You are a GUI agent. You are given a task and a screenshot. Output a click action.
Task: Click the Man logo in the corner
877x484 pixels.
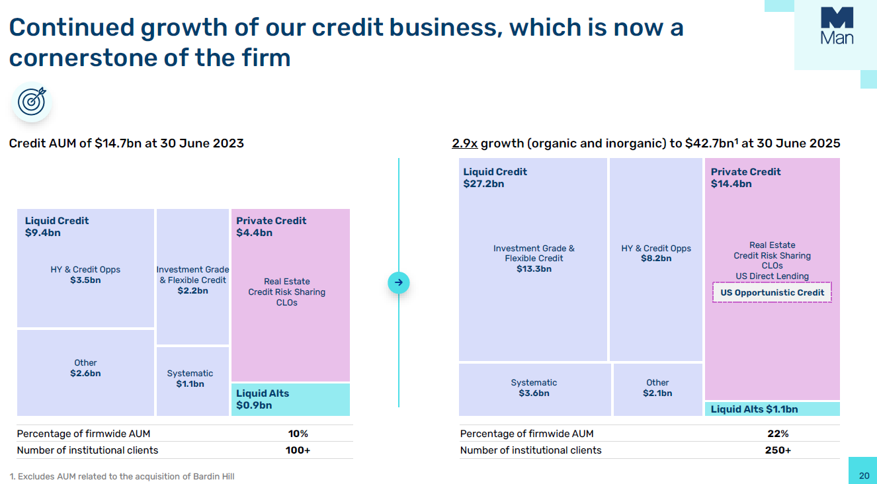coord(837,26)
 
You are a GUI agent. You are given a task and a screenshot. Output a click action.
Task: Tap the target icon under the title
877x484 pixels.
coord(31,101)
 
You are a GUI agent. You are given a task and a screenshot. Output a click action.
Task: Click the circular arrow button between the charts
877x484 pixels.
coord(399,283)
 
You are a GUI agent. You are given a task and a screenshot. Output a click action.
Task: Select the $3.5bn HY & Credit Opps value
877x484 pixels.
coord(85,280)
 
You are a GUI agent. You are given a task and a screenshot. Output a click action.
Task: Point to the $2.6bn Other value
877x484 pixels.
coord(85,374)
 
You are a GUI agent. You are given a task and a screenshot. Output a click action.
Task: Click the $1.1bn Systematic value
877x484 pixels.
coord(190,384)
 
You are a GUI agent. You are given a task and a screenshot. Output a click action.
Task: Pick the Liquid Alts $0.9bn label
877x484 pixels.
coord(263,399)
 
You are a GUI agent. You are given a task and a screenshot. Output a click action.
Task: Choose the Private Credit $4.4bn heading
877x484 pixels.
coord(271,227)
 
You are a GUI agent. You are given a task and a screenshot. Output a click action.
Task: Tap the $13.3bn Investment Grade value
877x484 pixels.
coord(534,269)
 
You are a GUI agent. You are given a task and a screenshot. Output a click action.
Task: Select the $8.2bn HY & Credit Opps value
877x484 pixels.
coord(656,259)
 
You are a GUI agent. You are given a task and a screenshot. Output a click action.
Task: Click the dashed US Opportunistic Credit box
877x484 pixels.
coord(772,292)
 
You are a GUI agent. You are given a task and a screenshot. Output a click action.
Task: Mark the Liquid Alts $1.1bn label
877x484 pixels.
coord(754,409)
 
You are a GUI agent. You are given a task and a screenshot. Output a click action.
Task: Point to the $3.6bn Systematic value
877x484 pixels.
coord(534,393)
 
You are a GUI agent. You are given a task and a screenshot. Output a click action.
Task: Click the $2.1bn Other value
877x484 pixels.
coord(657,393)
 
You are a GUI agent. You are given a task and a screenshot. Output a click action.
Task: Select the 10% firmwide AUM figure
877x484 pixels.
coord(298,434)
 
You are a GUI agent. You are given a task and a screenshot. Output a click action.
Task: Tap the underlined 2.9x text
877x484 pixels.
coord(465,143)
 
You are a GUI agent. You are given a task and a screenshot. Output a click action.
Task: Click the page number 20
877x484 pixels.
coord(864,476)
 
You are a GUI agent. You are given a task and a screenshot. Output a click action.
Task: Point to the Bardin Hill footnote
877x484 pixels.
coord(122,476)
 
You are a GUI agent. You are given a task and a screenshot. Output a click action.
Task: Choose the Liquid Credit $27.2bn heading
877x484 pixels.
coord(495,178)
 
